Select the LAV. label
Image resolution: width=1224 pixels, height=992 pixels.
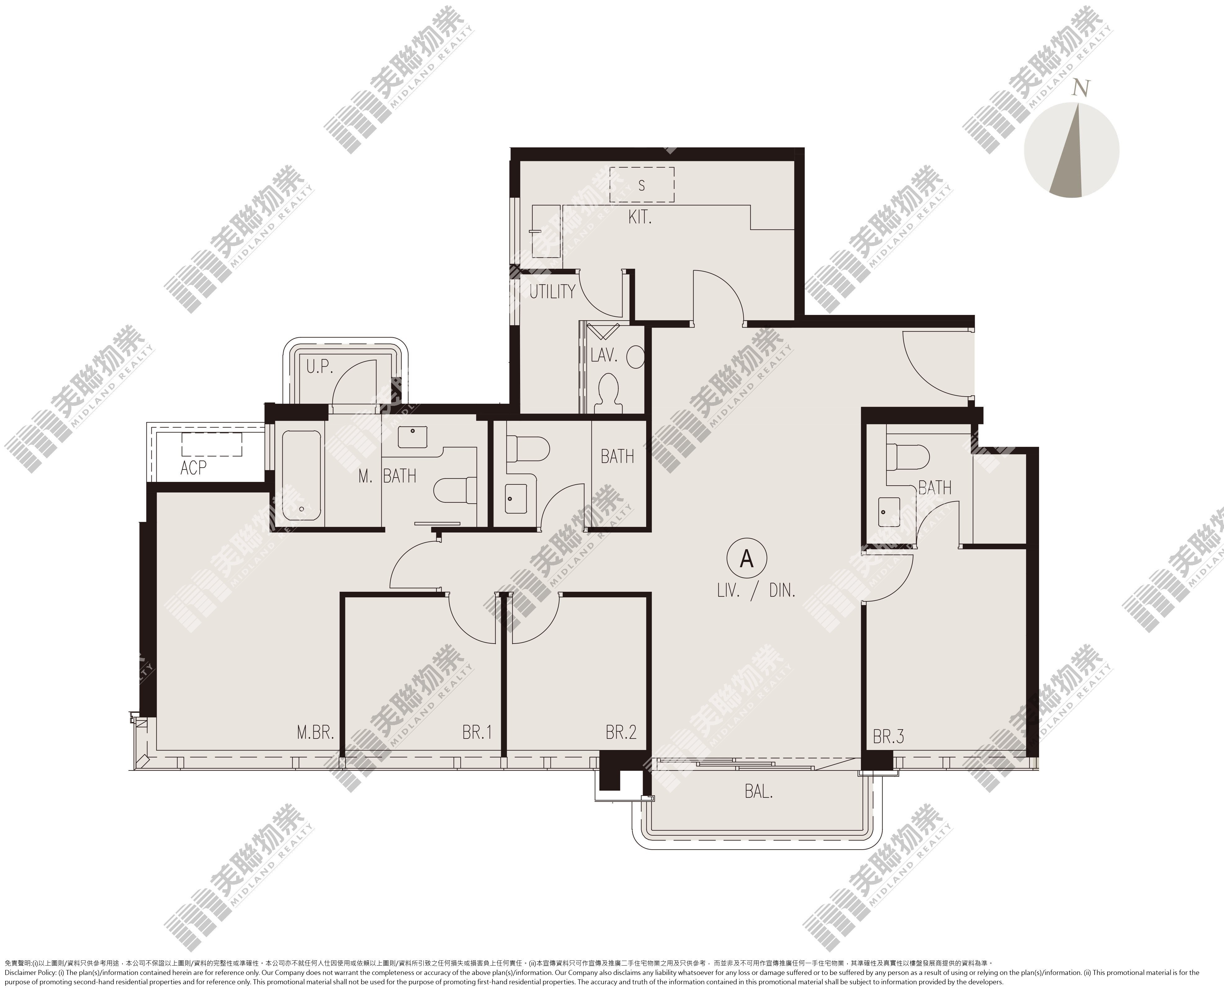(x=604, y=355)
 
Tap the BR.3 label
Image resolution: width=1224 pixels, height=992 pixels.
(x=889, y=737)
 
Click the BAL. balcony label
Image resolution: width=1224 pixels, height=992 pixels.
(x=759, y=792)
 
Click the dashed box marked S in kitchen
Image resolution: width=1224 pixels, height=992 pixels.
(x=642, y=185)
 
